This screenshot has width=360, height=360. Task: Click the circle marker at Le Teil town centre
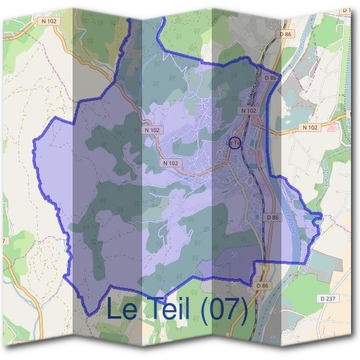click(234, 143)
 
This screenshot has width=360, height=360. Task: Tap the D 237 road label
click(329, 298)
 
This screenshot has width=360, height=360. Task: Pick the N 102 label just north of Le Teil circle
click(248, 111)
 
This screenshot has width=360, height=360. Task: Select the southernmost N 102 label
click(171, 163)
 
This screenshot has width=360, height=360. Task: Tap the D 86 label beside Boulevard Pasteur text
click(271, 78)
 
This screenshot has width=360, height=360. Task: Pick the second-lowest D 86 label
click(272, 217)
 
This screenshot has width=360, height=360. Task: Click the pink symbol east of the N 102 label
click(332, 127)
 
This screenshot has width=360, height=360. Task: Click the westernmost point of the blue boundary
click(32, 142)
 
